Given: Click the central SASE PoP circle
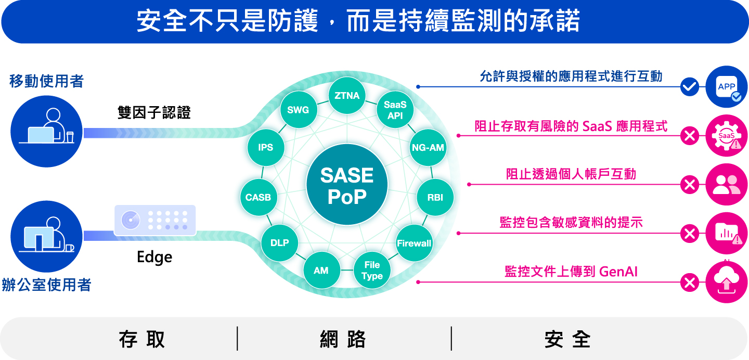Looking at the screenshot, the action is click(x=347, y=185).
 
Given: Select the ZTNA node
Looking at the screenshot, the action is click(x=347, y=95).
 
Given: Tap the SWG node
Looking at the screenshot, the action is click(x=298, y=110).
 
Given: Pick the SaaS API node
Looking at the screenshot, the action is click(x=395, y=110).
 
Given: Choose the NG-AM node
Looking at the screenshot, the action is click(x=428, y=148).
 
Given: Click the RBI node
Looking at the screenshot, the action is click(x=435, y=197).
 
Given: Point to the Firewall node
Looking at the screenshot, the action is click(x=414, y=243).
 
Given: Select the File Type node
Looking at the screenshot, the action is click(x=372, y=271).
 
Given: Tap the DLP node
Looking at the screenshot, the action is click(x=279, y=243).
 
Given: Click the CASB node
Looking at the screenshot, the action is click(x=259, y=197).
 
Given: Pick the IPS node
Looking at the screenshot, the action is click(x=266, y=148).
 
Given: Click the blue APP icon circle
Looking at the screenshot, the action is click(x=727, y=87).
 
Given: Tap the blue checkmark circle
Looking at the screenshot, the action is click(x=690, y=87).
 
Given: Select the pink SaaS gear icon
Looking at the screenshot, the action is click(x=727, y=135).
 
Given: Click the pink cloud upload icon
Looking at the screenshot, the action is click(x=727, y=282).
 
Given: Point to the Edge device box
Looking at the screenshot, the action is click(x=155, y=221).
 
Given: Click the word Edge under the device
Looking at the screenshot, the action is click(x=154, y=258).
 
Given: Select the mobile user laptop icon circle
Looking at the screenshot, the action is click(x=46, y=132).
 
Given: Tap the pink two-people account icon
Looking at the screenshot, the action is click(x=727, y=184).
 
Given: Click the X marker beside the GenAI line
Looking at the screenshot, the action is click(x=690, y=282).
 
